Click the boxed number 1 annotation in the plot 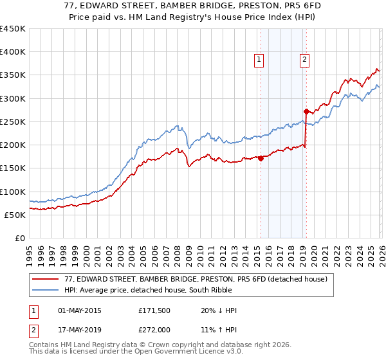coord(259,60)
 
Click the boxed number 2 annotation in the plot coord(304,60)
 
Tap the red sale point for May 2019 coord(306,111)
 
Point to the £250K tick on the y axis coord(13,122)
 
